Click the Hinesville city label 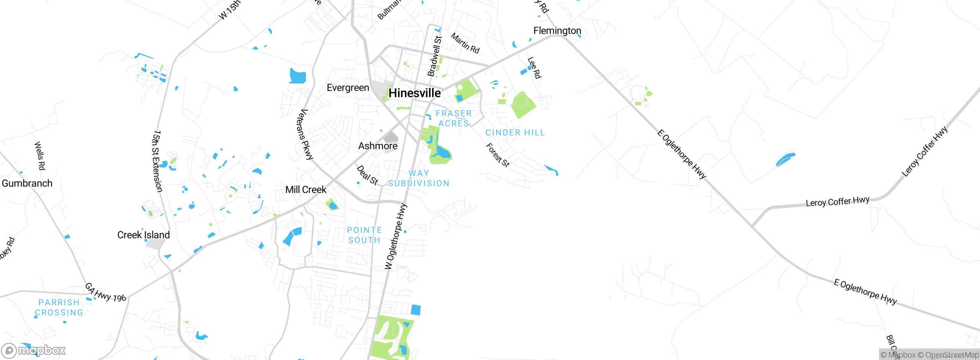(415, 93)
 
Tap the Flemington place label (557, 31)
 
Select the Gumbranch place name (27, 183)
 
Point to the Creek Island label (144, 235)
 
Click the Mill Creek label (306, 190)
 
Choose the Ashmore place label (378, 146)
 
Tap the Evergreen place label (348, 88)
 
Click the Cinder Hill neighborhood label (515, 133)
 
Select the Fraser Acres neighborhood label (454, 118)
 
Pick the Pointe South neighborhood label (364, 235)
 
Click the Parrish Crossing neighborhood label (59, 308)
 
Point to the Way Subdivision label (419, 178)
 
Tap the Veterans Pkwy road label (305, 134)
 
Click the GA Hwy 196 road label (105, 292)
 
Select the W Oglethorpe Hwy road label (396, 236)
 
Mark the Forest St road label (498, 155)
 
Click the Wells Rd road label (40, 156)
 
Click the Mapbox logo (34, 350)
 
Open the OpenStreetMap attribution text (948, 355)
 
